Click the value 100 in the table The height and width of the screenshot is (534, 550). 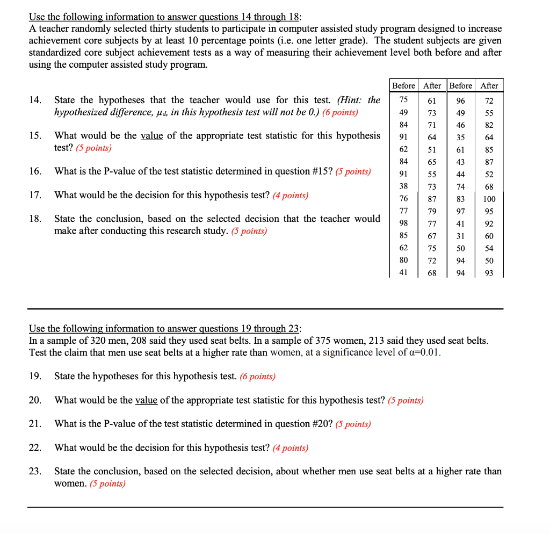click(x=489, y=199)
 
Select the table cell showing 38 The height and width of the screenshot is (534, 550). click(x=403, y=186)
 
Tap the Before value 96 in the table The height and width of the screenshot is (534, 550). click(x=460, y=100)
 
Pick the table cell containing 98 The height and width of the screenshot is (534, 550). click(x=403, y=223)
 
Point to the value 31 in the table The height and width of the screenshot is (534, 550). click(x=460, y=236)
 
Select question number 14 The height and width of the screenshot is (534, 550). click(x=35, y=100)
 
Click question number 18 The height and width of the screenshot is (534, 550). click(x=35, y=219)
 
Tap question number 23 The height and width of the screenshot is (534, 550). click(x=35, y=472)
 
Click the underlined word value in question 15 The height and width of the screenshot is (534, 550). click(x=152, y=136)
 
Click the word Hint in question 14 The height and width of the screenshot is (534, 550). click(x=352, y=100)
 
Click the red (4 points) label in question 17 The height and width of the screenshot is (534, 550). click(x=290, y=196)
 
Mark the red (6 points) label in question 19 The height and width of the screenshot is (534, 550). click(x=257, y=377)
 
